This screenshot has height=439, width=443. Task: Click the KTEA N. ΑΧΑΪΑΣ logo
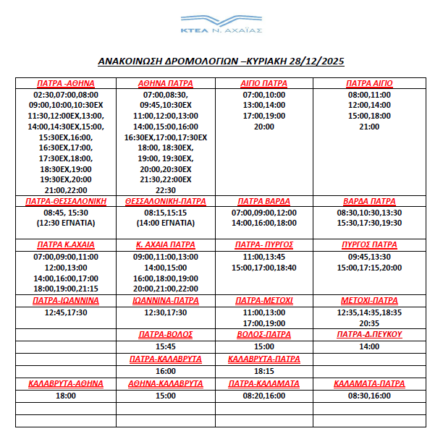point(221,23)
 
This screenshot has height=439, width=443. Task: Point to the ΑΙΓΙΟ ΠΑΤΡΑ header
point(264,83)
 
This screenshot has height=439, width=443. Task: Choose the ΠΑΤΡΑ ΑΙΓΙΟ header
point(368,83)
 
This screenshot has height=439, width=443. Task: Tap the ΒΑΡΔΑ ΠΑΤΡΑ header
point(368,201)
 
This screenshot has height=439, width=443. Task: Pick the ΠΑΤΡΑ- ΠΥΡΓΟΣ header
point(264,244)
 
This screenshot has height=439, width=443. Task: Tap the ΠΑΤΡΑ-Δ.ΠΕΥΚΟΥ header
point(368,334)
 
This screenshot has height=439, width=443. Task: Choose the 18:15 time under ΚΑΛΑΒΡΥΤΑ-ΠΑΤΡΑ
point(264,371)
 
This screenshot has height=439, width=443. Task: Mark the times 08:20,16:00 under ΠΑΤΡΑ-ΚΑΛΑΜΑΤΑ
point(264,396)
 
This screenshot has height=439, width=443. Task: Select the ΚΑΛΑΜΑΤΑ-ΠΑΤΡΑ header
point(368,383)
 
